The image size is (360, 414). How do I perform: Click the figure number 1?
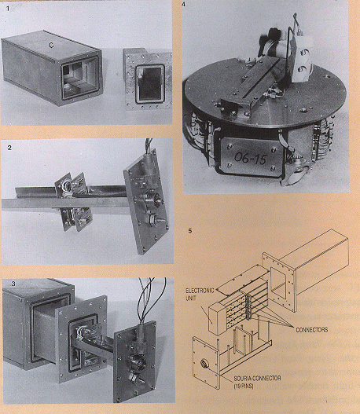(x=8, y=9)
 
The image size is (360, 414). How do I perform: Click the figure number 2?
(x=9, y=148)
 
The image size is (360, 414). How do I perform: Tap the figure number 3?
(x=13, y=284)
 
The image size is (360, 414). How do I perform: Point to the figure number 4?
(x=184, y=4)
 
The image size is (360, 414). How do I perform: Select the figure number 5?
(x=190, y=231)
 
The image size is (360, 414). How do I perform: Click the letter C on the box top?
(x=51, y=46)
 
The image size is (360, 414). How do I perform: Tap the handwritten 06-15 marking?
(x=251, y=158)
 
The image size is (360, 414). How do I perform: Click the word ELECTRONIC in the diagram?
(x=200, y=291)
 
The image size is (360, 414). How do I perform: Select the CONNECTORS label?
(x=312, y=330)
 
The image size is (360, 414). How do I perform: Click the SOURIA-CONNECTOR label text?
(x=257, y=379)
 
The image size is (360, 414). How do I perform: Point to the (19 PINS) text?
(x=244, y=387)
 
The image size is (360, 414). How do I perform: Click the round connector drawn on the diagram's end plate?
(x=204, y=363)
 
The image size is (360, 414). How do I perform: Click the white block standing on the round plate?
(x=301, y=60)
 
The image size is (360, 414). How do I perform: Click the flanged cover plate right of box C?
(x=147, y=79)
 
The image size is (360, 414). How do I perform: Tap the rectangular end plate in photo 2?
(x=145, y=201)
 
